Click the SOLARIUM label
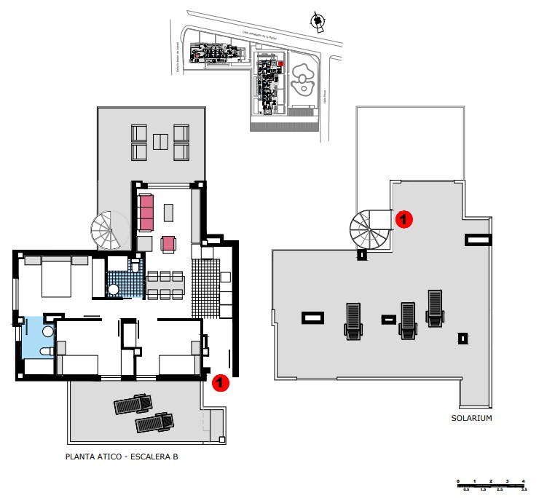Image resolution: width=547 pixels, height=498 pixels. (x=471, y=418)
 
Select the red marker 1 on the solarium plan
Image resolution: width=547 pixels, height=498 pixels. (x=404, y=218)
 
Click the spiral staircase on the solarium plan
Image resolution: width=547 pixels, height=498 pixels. (x=371, y=229)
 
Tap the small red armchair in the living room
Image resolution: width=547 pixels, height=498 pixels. (x=169, y=243)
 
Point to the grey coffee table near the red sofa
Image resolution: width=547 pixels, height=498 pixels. (x=169, y=212)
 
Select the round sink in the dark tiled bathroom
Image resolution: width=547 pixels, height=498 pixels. (x=114, y=290)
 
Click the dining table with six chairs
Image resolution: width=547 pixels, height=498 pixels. (x=166, y=285)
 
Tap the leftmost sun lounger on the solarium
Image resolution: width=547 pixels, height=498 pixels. (x=353, y=321)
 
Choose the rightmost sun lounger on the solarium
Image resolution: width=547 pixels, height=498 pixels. (x=435, y=307)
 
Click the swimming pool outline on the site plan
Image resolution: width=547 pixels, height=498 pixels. (x=302, y=83)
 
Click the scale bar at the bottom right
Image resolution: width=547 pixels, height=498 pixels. (x=491, y=484)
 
